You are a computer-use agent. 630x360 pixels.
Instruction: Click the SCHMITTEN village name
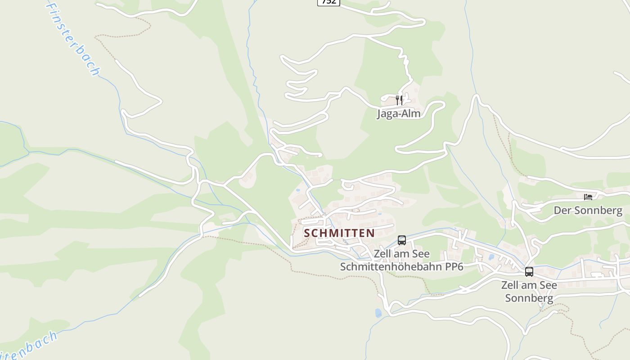pos(339,233)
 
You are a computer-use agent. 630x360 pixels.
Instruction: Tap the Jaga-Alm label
pos(399,113)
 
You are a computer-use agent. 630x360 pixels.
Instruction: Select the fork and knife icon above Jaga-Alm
pos(399,100)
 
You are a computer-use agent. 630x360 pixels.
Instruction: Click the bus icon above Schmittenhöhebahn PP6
pos(402,240)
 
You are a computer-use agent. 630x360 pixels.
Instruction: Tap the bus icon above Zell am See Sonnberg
pos(529,272)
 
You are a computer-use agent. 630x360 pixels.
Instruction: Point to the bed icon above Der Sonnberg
pos(588,197)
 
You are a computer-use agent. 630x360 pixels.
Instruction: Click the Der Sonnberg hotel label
pos(588,210)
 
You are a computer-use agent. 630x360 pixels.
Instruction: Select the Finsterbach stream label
pos(73,39)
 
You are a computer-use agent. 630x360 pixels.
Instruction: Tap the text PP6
pos(454,266)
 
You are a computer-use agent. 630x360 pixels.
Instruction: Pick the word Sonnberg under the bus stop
pos(529,298)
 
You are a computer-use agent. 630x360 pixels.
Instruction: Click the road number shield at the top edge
pos(328,2)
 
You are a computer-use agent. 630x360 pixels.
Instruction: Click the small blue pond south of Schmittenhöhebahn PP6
pos(378,313)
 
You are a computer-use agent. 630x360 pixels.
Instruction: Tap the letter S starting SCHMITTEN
pos(307,233)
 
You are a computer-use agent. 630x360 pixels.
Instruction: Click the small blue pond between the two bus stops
pos(491,257)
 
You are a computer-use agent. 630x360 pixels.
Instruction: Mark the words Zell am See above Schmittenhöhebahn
pos(401,254)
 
